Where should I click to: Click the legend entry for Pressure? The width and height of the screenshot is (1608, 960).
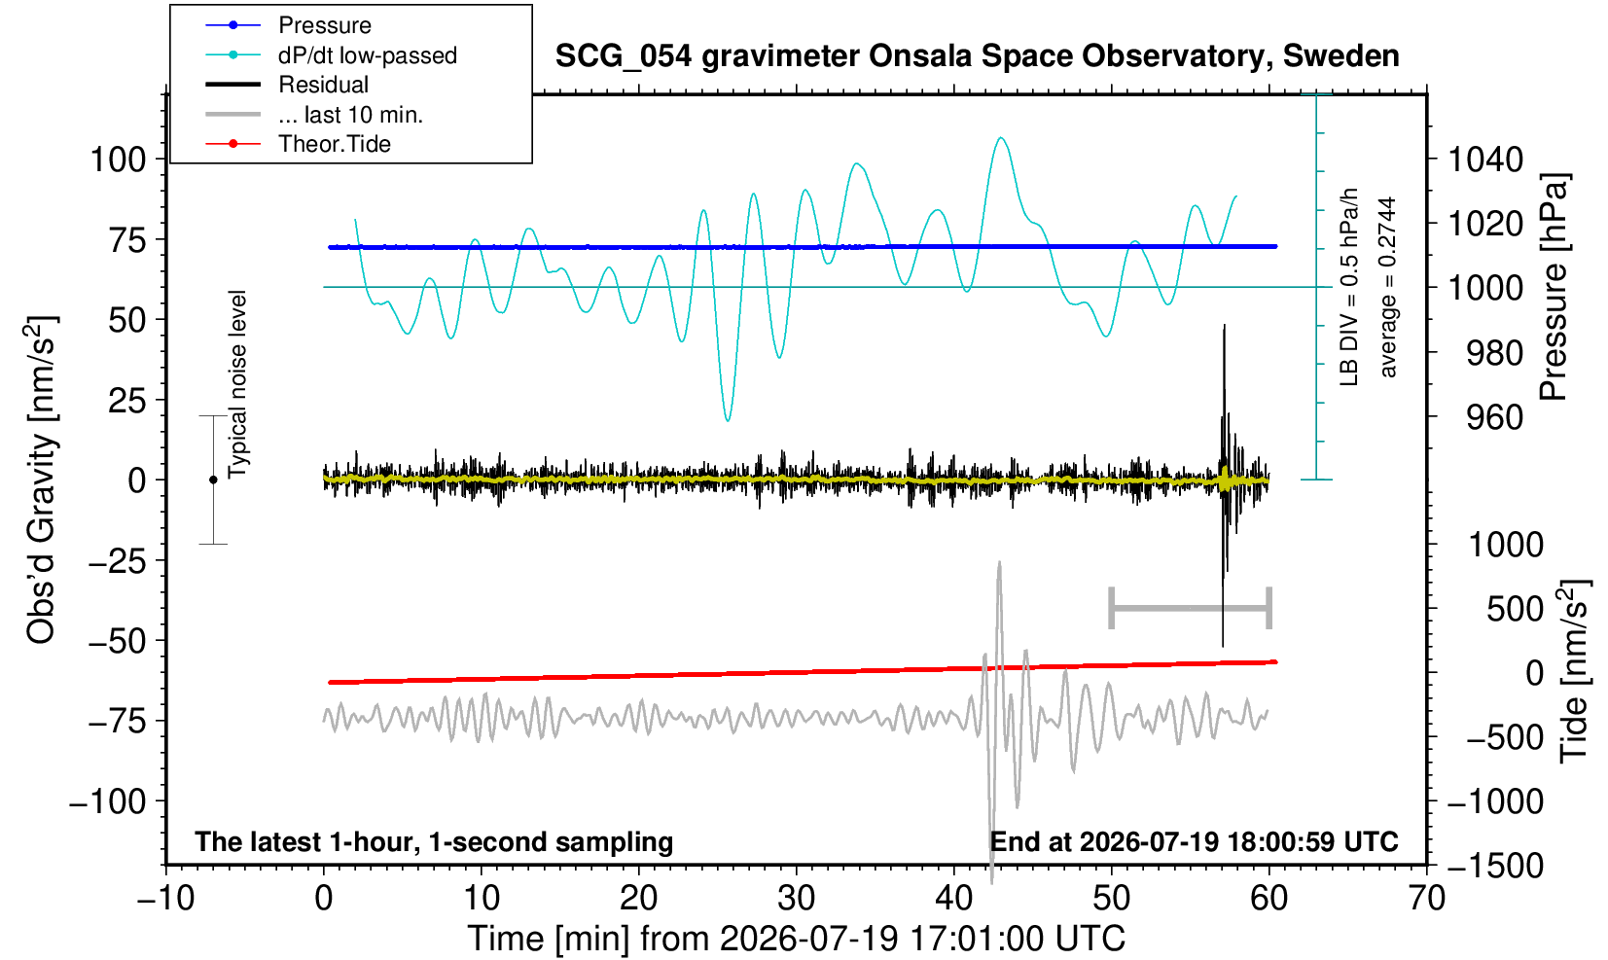(x=289, y=25)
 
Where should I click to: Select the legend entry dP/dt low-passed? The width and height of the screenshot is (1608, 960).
(x=331, y=55)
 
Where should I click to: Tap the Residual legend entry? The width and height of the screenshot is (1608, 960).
(x=287, y=85)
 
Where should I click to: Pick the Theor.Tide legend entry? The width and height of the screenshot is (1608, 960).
(x=298, y=144)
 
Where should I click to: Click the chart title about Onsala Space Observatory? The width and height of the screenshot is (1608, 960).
(x=977, y=56)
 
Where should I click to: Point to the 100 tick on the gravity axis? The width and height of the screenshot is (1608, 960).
(x=119, y=160)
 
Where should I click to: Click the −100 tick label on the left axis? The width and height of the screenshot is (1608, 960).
(x=108, y=800)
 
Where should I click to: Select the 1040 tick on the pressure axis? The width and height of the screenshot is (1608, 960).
(x=1485, y=160)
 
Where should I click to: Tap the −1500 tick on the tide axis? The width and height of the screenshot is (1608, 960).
(x=1495, y=866)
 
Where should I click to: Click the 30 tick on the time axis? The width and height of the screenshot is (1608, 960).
(x=796, y=899)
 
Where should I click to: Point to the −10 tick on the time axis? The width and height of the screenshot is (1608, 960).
(x=165, y=899)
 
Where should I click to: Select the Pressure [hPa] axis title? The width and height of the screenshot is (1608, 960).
(x=1554, y=287)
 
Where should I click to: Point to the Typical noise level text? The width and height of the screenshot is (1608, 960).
(x=237, y=384)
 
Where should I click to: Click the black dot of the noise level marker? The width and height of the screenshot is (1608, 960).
(x=213, y=480)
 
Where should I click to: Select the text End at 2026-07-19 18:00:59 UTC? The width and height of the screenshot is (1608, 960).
(x=1194, y=841)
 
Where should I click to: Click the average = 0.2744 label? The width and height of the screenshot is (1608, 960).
(x=1388, y=287)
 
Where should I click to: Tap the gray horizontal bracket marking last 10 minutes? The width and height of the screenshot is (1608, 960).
(x=1191, y=608)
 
